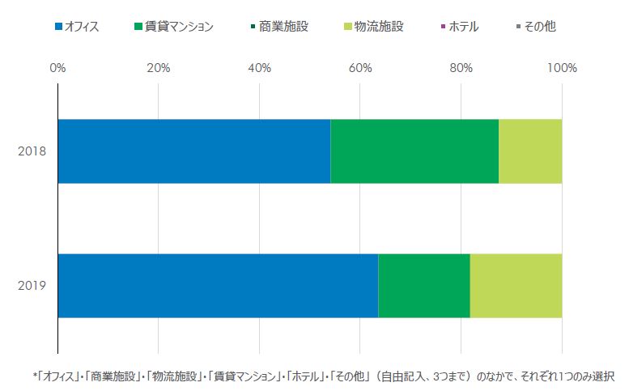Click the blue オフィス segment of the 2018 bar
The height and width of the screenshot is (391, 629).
(x=194, y=151)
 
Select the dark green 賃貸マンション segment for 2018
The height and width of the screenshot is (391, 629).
(x=414, y=151)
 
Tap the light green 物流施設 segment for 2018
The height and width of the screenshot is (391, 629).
(x=530, y=151)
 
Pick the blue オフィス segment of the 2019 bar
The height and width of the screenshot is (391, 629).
(x=218, y=286)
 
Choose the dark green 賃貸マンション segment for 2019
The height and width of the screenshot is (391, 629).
(x=424, y=286)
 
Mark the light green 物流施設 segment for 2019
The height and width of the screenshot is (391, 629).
(x=516, y=286)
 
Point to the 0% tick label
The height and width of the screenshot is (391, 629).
(x=57, y=68)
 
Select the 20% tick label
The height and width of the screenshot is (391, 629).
(x=158, y=68)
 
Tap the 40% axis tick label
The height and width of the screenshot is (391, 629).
(x=259, y=68)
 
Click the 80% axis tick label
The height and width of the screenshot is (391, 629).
(x=461, y=68)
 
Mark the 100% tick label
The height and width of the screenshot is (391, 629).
(x=562, y=68)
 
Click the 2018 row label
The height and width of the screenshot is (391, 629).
(x=32, y=151)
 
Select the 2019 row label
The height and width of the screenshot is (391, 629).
(x=32, y=286)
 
